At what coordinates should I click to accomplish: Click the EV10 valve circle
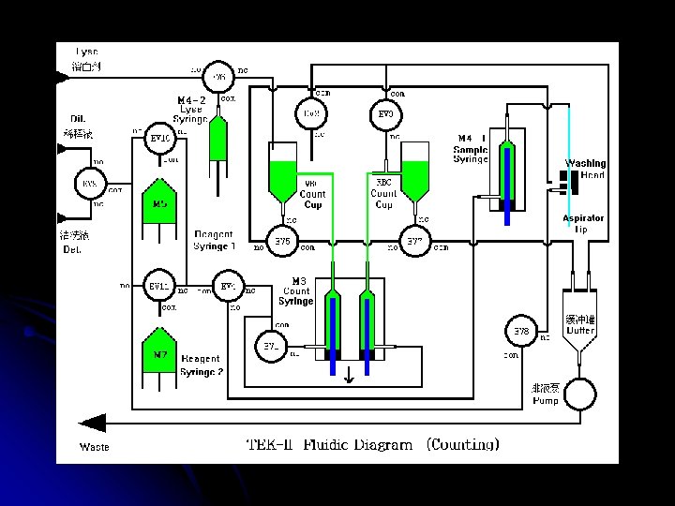159,141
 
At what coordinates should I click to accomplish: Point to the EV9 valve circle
386,114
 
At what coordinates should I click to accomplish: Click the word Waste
94,447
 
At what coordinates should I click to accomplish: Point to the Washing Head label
585,170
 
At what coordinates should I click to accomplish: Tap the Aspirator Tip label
583,224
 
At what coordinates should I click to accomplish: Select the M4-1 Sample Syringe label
472,149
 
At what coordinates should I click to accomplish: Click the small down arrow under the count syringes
349,376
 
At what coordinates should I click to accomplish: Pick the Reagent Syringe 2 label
202,365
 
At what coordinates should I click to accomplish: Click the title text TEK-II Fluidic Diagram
329,444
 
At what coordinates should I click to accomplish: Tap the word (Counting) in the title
463,444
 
